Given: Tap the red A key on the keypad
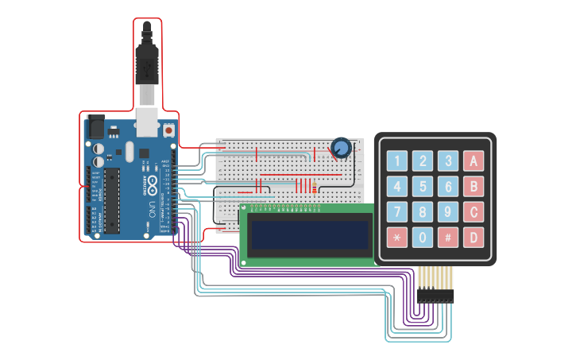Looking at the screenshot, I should (x=474, y=161).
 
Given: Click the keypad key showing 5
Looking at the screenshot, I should (x=423, y=187).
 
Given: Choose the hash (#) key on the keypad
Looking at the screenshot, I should (x=449, y=237).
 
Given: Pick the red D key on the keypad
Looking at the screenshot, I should (x=474, y=237).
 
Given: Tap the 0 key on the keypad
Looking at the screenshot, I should (x=423, y=237).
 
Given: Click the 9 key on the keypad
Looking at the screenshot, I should (x=449, y=212).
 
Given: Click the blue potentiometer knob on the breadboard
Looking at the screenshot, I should (x=341, y=148).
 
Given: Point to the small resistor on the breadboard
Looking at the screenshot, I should (x=315, y=188).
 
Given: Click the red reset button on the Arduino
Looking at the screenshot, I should (x=168, y=129).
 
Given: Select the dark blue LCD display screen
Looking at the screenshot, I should (x=310, y=234).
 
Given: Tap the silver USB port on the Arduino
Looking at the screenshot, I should (x=147, y=121).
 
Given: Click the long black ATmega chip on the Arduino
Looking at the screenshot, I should (x=112, y=200).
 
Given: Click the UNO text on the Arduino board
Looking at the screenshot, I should (x=152, y=209).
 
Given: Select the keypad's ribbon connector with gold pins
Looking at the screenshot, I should (x=435, y=284).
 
